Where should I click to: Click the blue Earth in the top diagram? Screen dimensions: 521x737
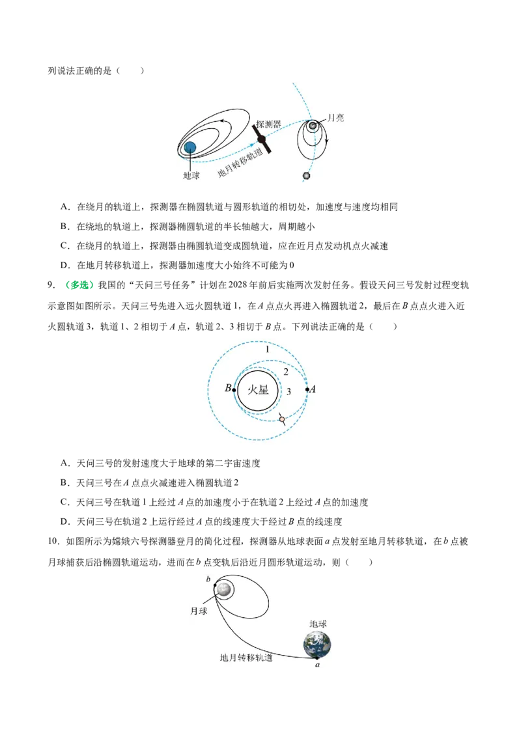coord(190,148)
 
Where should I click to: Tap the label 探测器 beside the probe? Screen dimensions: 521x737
coord(268,124)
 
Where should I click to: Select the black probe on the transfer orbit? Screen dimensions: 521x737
coord(262,139)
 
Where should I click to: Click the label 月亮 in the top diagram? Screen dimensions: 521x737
coord(336,118)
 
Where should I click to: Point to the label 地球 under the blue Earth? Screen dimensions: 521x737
coord(191,175)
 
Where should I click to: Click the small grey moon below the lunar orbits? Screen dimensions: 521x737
coord(307,176)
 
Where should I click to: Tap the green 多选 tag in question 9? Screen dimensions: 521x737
coord(79,285)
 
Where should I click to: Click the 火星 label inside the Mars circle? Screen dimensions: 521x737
coord(258,389)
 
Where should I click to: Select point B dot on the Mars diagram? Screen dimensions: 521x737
coord(234,390)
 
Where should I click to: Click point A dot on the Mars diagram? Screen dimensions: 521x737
coord(307,389)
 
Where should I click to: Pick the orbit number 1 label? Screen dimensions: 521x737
coord(268,349)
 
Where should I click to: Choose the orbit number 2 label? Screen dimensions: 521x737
coord(286,372)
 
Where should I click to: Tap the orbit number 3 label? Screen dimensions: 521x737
coord(289,391)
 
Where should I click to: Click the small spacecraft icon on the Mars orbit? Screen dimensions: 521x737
coord(281,419)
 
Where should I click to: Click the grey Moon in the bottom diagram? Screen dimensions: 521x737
coord(223,589)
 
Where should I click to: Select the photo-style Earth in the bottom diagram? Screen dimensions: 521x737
coord(317,645)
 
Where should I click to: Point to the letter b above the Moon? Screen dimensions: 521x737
coord(208,579)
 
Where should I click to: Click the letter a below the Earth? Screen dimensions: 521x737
coord(317,665)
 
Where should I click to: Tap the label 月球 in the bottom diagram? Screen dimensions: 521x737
coord(199,611)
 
